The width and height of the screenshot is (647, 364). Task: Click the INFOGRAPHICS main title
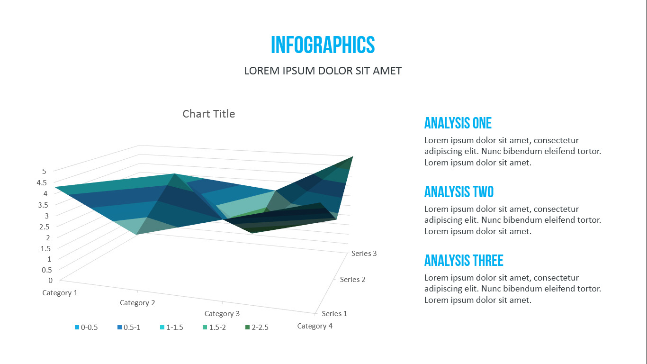coord(323,45)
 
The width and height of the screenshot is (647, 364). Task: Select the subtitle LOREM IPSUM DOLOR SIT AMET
coord(323,71)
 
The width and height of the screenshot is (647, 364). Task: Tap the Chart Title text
coord(208,114)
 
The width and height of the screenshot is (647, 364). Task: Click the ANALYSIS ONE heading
coord(458,123)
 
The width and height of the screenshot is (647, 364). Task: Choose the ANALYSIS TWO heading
coord(458,192)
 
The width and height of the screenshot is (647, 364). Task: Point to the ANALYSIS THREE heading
coord(463,261)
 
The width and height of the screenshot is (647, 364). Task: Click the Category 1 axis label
coord(60,293)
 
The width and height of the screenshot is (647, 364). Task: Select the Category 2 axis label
coord(137,303)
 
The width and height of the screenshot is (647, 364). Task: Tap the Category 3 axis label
coord(222,314)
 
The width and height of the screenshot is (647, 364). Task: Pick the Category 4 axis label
coord(315,326)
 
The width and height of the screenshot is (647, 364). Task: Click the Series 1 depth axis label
coord(334,314)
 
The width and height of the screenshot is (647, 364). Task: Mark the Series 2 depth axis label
coord(352,280)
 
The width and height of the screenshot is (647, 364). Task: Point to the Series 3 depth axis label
coord(364,254)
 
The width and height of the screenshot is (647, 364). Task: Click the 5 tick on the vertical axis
coord(44,171)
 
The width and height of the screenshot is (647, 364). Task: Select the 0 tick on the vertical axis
coord(51,280)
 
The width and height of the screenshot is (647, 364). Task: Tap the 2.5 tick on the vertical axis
coord(45,226)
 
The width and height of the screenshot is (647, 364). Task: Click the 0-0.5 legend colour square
coord(77,328)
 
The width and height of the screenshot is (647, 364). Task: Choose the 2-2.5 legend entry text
coord(260,328)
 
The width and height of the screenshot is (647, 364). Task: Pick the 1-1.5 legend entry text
coord(174,328)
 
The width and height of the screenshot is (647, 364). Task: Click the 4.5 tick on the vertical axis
coord(42,182)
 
